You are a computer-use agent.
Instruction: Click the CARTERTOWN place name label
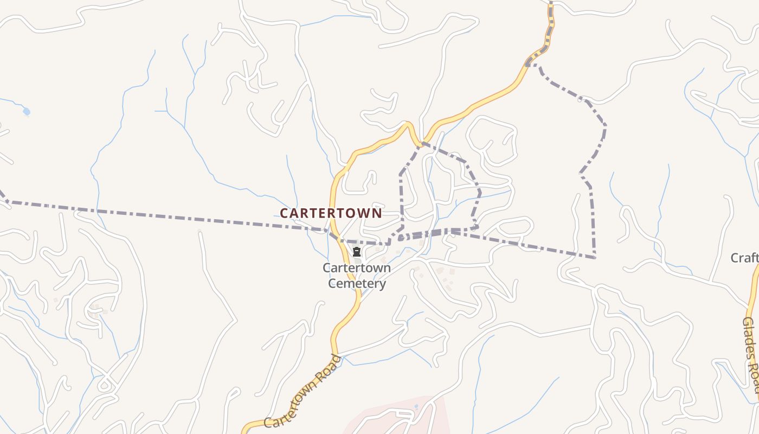(331, 213)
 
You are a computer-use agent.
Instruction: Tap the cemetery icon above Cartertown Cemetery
(357, 252)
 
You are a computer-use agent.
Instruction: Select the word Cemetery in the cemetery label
(357, 283)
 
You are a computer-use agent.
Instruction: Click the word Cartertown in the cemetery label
(356, 268)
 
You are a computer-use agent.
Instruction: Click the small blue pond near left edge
(26, 112)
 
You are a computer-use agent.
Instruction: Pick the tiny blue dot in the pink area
(416, 406)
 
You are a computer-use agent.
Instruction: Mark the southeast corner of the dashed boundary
(595, 257)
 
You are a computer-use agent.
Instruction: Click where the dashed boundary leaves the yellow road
(529, 65)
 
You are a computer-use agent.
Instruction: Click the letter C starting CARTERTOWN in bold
(284, 213)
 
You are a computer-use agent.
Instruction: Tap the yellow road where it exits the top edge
(551, 3)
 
